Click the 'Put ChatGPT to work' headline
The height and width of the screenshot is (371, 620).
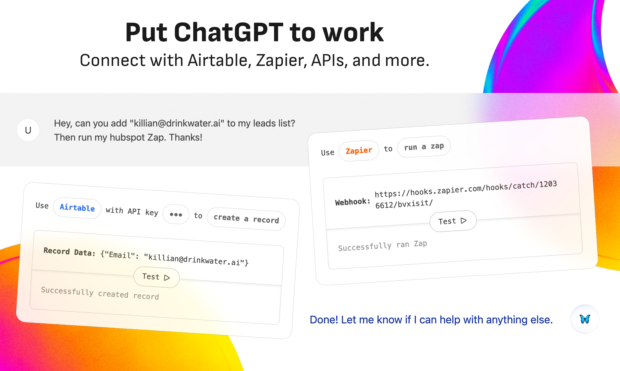point(254,32)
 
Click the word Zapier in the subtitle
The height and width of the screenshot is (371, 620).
point(281,61)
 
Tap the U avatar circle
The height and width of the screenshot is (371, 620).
point(28,130)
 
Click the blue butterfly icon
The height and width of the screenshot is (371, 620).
point(585,319)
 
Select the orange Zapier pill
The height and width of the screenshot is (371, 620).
point(359,151)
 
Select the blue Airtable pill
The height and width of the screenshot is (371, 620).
point(77,208)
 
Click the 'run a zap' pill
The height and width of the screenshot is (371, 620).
point(424,146)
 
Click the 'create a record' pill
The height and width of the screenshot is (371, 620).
point(246,219)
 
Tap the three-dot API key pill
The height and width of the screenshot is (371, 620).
point(176,215)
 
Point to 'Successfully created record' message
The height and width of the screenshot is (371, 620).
point(100,293)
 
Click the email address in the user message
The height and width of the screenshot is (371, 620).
point(177,123)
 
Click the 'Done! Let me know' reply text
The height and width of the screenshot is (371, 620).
point(431,320)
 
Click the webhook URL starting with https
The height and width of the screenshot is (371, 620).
point(466,195)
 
